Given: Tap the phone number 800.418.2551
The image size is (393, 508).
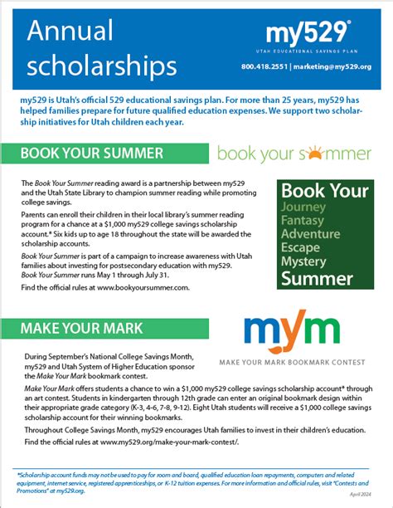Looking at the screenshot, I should pyautogui.click(x=265, y=66).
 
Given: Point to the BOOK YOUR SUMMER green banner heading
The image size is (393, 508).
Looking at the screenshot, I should pyautogui.click(x=91, y=154).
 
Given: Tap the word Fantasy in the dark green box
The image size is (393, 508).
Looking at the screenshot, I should pyautogui.click(x=303, y=221).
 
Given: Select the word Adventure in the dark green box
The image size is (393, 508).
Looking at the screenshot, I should pyautogui.click(x=311, y=234).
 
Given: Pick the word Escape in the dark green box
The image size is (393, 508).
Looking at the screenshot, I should pyautogui.click(x=301, y=247).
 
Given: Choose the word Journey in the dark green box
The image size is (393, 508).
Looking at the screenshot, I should pyautogui.click(x=303, y=207).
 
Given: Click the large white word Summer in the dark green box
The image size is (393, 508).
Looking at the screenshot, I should pyautogui.click(x=317, y=278).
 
